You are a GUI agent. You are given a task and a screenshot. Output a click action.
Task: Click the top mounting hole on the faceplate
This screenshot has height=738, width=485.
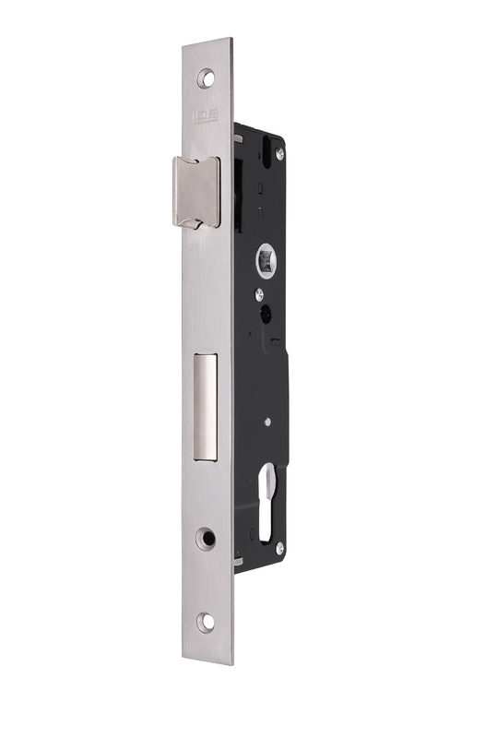coord(206,79)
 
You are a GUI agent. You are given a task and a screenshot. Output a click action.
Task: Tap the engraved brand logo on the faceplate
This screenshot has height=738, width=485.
coord(205,117)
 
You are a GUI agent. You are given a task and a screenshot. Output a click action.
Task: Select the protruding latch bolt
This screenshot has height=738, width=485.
coord(195,191)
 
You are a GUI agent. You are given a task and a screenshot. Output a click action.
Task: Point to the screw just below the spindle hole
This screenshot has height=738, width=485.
coord(260,294)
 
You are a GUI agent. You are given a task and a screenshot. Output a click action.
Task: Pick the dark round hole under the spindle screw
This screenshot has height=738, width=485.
coord(266,315)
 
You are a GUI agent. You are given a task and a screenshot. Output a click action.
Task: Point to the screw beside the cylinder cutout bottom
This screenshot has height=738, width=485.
coord(279,548)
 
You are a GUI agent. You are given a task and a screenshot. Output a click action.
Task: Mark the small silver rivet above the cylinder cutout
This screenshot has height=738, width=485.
coord(266,423)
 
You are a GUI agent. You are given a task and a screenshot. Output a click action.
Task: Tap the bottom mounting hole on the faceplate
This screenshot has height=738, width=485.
coord(206,621)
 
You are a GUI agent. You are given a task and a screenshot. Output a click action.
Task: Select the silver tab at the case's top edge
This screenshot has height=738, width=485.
coord(238,136)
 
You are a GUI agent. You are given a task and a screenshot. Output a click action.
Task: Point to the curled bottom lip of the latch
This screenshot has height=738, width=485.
coord(196,221)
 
